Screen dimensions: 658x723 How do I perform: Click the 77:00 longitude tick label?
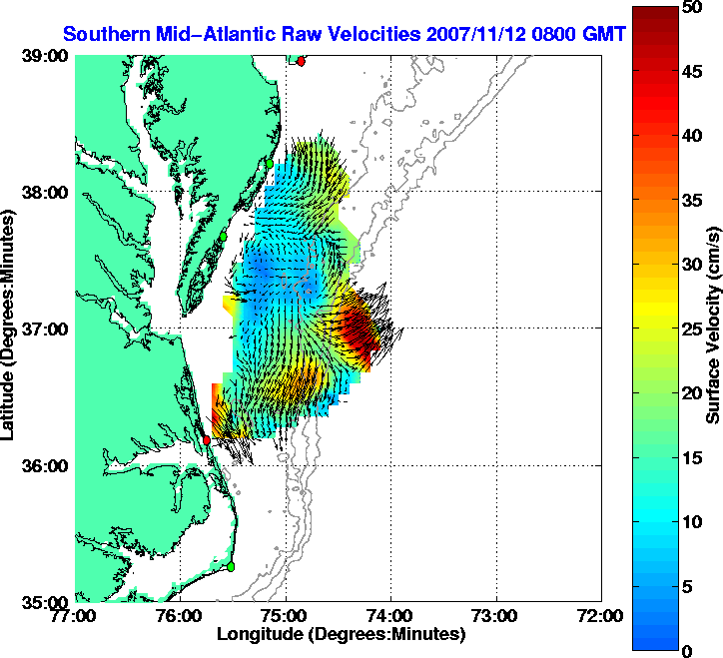[x=76, y=616]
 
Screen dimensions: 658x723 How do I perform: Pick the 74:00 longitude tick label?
[x=390, y=616]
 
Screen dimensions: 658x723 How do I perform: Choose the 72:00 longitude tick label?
[x=601, y=616]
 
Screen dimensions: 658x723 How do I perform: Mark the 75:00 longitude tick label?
[x=286, y=616]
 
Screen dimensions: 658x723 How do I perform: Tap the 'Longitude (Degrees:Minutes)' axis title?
[x=341, y=634]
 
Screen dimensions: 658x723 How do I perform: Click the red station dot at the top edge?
[x=301, y=61]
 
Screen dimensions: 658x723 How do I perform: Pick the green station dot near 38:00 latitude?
[x=269, y=162]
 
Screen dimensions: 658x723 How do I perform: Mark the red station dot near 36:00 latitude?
[x=207, y=439]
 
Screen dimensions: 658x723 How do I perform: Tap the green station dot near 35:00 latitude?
[x=230, y=566]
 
